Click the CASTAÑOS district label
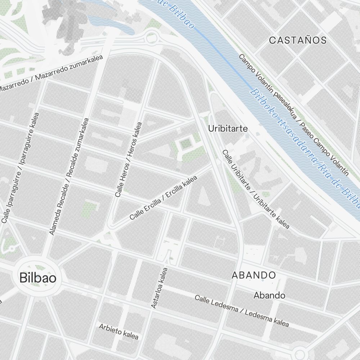[298, 40]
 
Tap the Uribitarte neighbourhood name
[228, 128]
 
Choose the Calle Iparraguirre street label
[20, 168]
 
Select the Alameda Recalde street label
[69, 176]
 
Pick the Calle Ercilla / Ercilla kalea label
[163, 198]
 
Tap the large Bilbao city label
[38, 278]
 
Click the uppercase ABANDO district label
[253, 275]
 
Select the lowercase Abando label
[269, 296]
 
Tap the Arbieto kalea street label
[118, 332]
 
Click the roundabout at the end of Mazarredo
[151, 36]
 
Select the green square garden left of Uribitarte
[186, 145]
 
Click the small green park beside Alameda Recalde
[90, 208]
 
